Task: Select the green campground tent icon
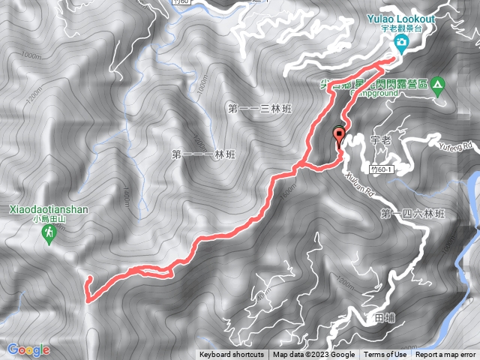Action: click(437, 84)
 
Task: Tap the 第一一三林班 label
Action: click(259, 109)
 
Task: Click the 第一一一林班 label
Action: click(203, 154)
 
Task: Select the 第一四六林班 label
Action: click(412, 214)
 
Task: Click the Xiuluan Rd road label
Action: click(361, 185)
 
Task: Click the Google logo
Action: click(28, 349)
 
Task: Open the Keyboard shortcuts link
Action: click(232, 355)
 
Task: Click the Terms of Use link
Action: click(385, 355)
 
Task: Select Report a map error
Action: click(445, 355)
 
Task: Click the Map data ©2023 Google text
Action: click(313, 355)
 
